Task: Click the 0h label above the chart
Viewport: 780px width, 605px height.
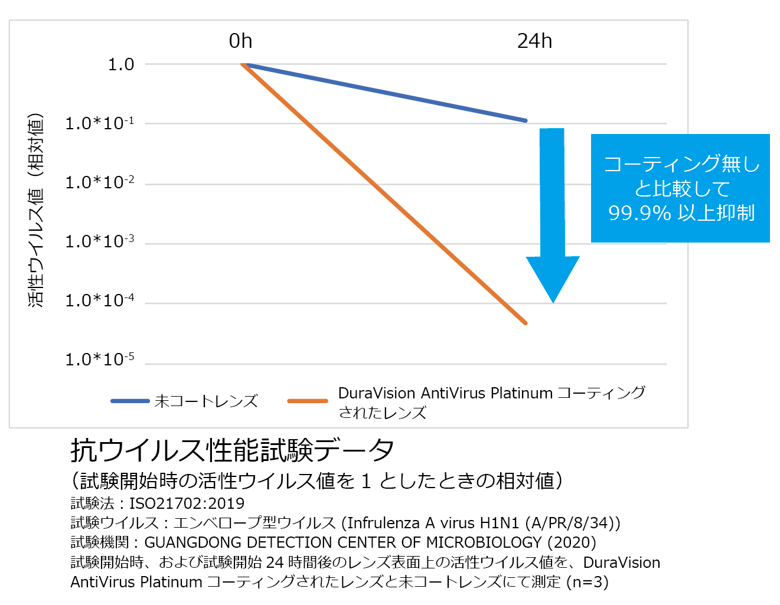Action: tap(240, 41)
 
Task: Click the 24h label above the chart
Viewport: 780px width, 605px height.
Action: tap(534, 41)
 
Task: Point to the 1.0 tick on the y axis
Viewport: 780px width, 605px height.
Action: tap(121, 64)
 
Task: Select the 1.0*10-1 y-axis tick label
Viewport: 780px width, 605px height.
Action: tap(99, 123)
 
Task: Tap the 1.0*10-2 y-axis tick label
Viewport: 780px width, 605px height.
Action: tap(99, 182)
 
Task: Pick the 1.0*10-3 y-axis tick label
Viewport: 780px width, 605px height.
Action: tap(99, 241)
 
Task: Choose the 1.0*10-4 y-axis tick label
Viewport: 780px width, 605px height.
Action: tap(99, 300)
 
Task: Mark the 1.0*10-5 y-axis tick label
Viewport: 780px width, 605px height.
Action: tap(99, 359)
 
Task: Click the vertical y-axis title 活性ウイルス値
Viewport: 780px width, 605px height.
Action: tap(36, 210)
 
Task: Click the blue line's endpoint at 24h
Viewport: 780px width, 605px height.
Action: tap(525, 120)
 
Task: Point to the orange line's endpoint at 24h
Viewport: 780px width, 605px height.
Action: tap(525, 323)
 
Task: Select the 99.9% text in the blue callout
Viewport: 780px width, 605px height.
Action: tap(639, 213)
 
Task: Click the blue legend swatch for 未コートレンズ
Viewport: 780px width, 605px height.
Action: tap(130, 401)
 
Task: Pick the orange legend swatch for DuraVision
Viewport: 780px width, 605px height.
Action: tap(308, 401)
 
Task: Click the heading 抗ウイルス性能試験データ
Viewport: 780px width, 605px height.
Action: tap(232, 451)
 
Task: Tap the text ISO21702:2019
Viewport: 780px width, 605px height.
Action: tap(187, 503)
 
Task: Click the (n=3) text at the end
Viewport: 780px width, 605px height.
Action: tap(587, 582)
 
